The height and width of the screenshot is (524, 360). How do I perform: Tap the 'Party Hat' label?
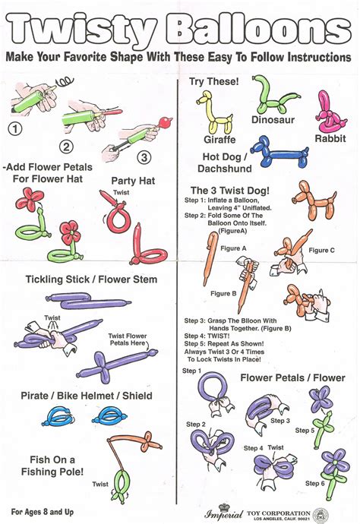134,180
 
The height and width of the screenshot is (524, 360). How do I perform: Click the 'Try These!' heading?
215,81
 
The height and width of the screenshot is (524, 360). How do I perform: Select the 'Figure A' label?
232,248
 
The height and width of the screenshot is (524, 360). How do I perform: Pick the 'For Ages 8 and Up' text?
48,512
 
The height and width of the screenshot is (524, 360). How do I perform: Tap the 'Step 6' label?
316,483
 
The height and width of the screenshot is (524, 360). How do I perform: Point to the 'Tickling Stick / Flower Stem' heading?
91,279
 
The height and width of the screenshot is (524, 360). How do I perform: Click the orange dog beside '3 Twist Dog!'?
312,200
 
